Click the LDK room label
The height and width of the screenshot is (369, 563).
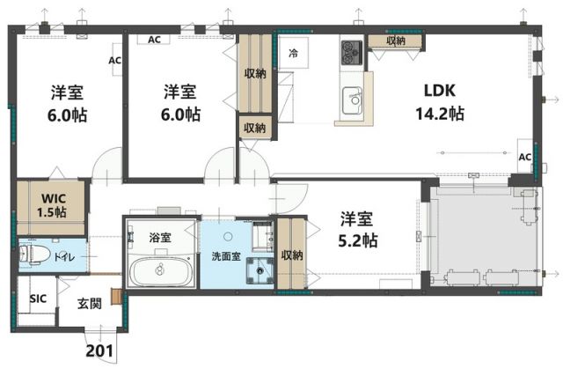[440, 91]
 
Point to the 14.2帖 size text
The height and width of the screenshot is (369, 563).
[439, 114]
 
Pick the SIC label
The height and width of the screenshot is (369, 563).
[37, 299]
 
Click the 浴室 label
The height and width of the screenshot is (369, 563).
[159, 236]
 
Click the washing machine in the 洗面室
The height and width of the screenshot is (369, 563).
[261, 271]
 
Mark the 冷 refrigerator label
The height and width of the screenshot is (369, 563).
[293, 55]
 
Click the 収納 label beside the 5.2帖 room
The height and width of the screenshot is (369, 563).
[292, 255]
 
